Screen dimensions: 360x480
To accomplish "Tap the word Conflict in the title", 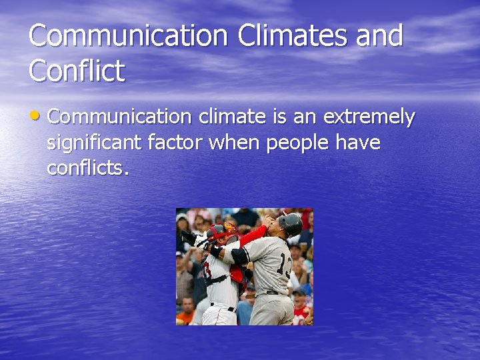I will coord(77,70).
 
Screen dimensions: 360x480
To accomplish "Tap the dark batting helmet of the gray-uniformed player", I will coord(290,223).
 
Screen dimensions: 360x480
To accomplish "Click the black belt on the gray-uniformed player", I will coord(272,292).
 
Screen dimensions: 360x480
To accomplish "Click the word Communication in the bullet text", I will coord(119,117).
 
